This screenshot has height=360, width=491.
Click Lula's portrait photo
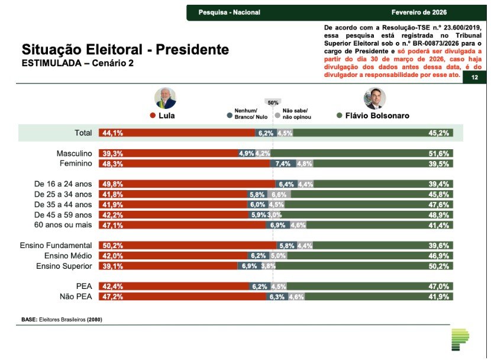tap(165, 98)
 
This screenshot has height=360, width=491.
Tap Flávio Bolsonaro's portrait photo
tap(374, 98)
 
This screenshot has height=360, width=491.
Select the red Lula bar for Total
tap(177, 133)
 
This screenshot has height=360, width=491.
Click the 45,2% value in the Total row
tap(439, 133)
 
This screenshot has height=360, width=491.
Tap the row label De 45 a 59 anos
tap(63, 214)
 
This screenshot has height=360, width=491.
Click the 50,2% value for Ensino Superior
tap(439, 266)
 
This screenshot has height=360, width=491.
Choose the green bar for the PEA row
tap(373, 287)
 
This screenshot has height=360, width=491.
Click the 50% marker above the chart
tap(273, 102)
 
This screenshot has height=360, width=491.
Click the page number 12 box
tap(474, 78)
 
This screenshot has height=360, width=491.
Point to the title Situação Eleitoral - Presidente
tap(125, 49)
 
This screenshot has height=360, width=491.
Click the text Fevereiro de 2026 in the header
tap(419, 12)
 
